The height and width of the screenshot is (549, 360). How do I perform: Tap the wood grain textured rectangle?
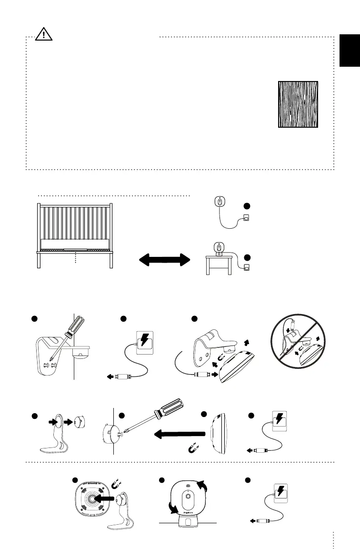(x=298, y=104)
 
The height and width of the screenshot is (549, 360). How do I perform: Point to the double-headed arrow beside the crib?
(x=164, y=261)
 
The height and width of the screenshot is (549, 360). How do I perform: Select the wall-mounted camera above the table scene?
(x=219, y=202)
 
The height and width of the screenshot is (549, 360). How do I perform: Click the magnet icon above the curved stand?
(x=118, y=485)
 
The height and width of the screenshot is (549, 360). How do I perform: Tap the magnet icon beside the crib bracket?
(x=220, y=356)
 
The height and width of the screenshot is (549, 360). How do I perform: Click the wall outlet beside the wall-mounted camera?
(x=247, y=218)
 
